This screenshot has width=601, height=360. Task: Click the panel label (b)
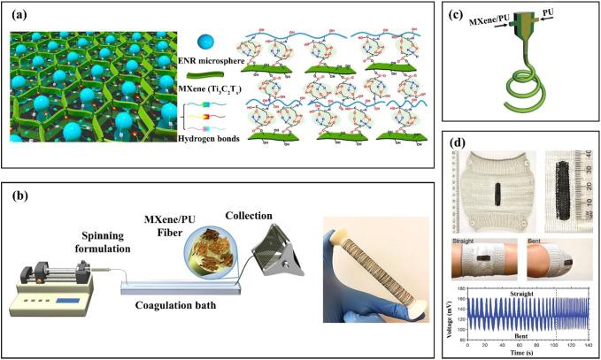point(20,194)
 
